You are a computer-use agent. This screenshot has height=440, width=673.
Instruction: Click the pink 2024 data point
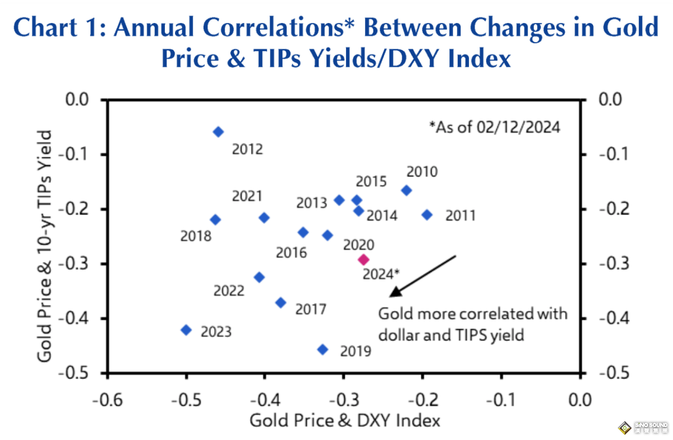click(363, 259)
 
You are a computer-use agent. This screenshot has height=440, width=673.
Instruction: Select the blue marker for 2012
click(219, 132)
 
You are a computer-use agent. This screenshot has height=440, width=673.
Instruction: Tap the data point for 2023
click(187, 330)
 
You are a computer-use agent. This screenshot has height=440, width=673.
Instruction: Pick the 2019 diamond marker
click(323, 349)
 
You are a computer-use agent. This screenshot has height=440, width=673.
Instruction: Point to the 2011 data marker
click(427, 214)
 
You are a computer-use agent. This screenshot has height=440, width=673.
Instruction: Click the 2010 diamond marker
click(406, 190)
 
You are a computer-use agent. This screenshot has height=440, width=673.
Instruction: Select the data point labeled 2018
click(215, 219)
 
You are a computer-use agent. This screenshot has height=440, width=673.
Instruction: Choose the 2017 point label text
click(311, 309)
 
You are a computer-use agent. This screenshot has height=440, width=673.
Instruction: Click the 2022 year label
click(229, 291)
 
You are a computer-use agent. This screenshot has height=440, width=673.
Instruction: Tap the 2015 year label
click(371, 181)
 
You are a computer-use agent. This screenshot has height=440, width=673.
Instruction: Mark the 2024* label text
click(381, 274)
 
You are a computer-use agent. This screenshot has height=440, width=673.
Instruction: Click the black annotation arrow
click(423, 275)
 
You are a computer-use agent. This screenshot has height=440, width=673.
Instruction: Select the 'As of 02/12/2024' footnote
click(494, 127)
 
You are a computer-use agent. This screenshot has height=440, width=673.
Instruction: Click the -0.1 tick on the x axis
click(501, 400)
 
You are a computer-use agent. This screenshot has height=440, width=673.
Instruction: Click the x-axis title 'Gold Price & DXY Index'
click(344, 420)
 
